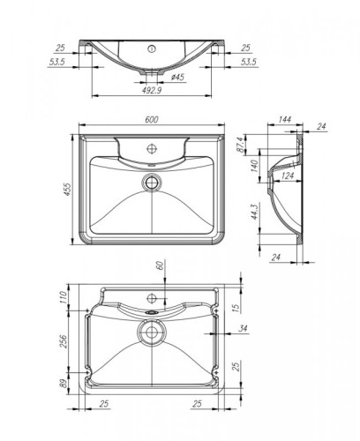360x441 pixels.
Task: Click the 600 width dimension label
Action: click(x=154, y=123)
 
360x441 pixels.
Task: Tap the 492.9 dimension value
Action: click(x=154, y=90)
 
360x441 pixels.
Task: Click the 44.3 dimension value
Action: click(x=254, y=213)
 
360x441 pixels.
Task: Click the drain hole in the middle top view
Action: click(x=154, y=183)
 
